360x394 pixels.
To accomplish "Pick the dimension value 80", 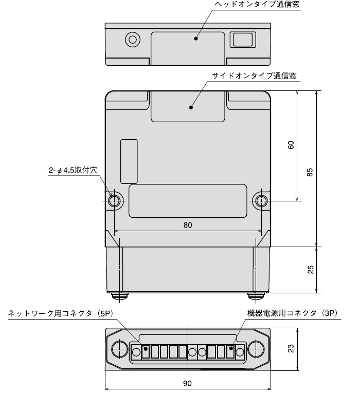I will [187, 224].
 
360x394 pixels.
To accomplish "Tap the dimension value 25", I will [310, 270].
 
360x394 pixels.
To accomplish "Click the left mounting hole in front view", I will [114, 200].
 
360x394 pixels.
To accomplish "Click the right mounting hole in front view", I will [261, 200].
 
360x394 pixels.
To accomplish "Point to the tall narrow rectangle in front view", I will [129, 161].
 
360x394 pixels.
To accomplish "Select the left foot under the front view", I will [120, 296].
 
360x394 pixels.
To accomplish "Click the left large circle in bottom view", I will [119, 350].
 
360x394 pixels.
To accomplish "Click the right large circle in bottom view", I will [256, 350].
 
